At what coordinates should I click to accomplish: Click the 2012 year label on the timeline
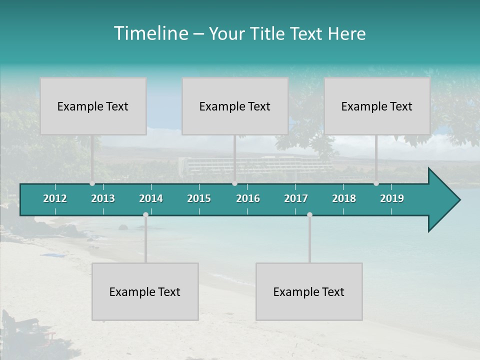coord(55,198)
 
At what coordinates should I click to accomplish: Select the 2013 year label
coord(103,198)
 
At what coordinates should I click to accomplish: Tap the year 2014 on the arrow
coord(151,198)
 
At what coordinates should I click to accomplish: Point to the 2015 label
coord(199,198)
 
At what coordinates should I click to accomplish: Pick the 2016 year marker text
coord(248,198)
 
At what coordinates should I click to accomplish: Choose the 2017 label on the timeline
coord(296,198)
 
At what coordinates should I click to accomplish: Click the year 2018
coord(344,198)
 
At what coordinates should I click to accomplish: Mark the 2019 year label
coord(392,198)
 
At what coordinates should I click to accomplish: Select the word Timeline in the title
coord(150,33)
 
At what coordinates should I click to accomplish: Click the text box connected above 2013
coord(93,106)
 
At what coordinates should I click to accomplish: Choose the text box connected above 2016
coord(235,106)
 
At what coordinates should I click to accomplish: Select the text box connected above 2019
coord(377,106)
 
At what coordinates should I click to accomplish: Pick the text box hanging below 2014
coord(145,291)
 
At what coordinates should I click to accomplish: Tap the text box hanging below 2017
coord(309,291)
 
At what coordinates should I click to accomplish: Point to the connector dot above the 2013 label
coord(92,183)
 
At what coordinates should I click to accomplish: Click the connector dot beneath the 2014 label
coord(145,215)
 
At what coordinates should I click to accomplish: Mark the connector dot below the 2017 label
coord(309,215)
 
